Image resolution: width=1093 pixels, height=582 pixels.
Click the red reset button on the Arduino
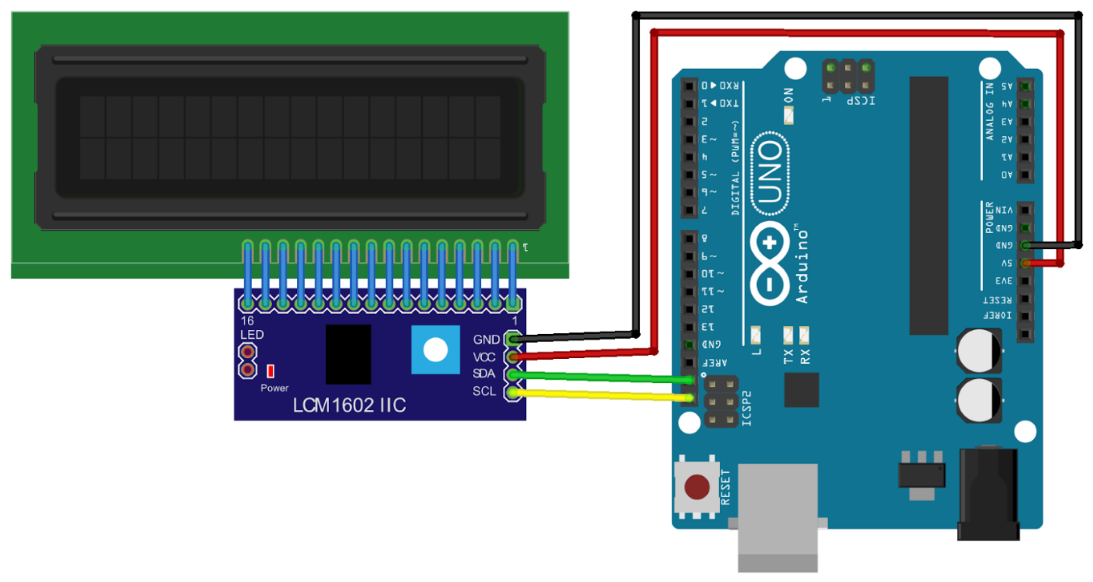pos(697,487)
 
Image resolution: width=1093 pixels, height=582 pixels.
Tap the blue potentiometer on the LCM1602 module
pos(435,350)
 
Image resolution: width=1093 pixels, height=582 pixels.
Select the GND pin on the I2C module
pos(513,339)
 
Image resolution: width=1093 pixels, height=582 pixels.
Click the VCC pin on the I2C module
pos(513,357)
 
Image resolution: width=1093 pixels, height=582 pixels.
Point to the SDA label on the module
pos(484,374)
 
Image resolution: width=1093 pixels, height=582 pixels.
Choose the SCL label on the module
pos(484,391)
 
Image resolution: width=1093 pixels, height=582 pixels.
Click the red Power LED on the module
pos(271,371)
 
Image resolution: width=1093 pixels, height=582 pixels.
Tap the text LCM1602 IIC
pos(349,405)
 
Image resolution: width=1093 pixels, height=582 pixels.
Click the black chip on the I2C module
pos(348,354)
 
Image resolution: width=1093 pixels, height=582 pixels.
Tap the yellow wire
pos(601,395)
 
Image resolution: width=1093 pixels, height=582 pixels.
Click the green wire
pos(601,377)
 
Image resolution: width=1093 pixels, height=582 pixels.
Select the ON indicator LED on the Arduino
pos(789,115)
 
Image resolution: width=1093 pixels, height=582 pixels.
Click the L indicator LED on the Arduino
pos(756,335)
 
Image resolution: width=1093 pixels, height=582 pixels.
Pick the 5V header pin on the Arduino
pos(1025,263)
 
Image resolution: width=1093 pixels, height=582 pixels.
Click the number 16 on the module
pos(247,320)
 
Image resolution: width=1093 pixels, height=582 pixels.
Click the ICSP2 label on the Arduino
pos(747,408)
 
